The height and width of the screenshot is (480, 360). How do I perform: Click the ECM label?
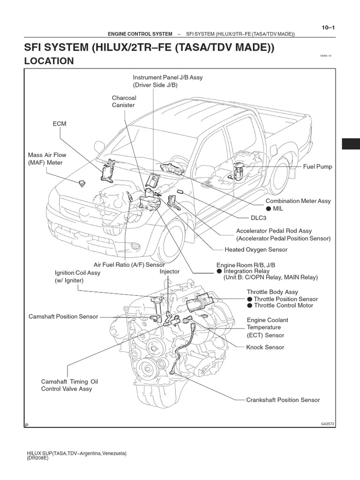coord(60,123)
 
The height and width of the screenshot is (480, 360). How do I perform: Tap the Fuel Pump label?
coord(317,167)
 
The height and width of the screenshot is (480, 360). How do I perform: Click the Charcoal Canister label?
coord(123,102)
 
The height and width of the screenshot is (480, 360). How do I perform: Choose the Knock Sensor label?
coord(265,347)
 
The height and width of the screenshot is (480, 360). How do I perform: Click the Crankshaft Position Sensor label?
coord(283,400)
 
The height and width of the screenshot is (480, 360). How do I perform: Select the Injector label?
coord(170,271)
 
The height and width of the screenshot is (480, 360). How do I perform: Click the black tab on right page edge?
coord(351,144)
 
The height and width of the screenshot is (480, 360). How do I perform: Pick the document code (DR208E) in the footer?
coord(38,458)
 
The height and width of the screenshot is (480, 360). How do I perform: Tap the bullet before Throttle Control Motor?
coord(250,306)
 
